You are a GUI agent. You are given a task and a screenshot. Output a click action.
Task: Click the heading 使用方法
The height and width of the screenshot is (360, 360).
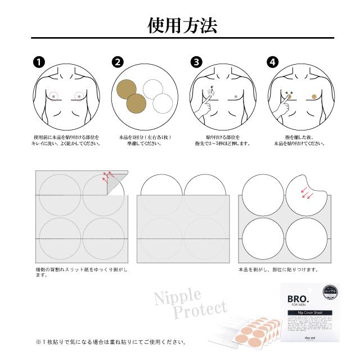[179, 25]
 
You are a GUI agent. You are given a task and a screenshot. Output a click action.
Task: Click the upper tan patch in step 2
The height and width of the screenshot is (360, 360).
[128, 89]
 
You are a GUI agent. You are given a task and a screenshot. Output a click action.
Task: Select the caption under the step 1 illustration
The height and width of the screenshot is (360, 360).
[66, 140]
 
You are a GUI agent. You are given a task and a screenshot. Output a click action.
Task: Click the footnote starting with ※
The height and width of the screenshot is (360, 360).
[110, 341]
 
